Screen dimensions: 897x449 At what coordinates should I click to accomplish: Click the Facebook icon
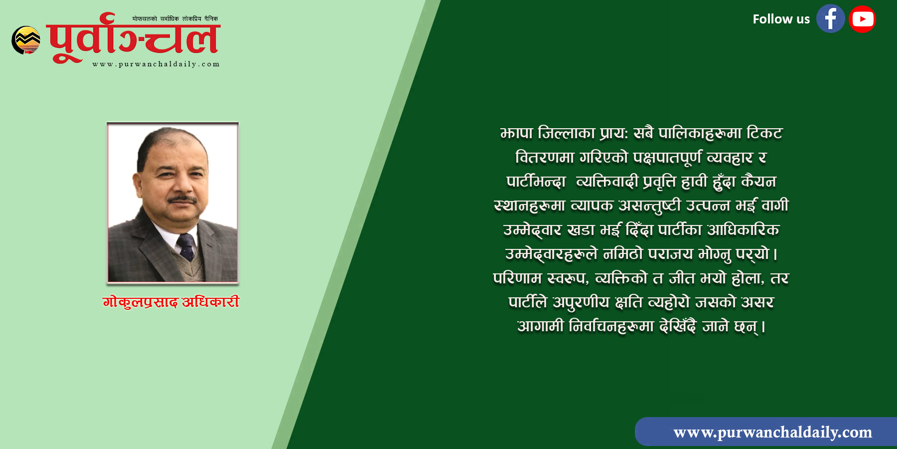(x=830, y=19)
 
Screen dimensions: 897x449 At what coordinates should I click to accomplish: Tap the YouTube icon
(x=863, y=19)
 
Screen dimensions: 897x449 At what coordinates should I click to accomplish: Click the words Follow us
(x=781, y=19)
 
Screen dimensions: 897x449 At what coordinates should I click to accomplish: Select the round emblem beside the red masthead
(x=26, y=40)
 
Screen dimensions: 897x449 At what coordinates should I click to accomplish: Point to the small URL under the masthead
(x=156, y=64)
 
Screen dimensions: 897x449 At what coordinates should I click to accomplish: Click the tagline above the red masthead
(x=175, y=18)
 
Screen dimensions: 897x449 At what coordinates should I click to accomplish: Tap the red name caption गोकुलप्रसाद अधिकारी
(x=171, y=302)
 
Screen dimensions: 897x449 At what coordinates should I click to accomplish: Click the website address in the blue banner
(x=772, y=432)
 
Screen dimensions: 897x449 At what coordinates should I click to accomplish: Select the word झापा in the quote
(x=516, y=133)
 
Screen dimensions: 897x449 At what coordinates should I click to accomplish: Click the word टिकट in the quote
(x=764, y=133)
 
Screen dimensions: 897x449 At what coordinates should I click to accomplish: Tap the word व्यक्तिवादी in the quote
(x=607, y=182)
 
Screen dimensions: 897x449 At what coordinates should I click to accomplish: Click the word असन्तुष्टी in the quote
(x=649, y=206)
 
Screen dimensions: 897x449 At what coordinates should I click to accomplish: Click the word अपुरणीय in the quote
(x=581, y=302)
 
